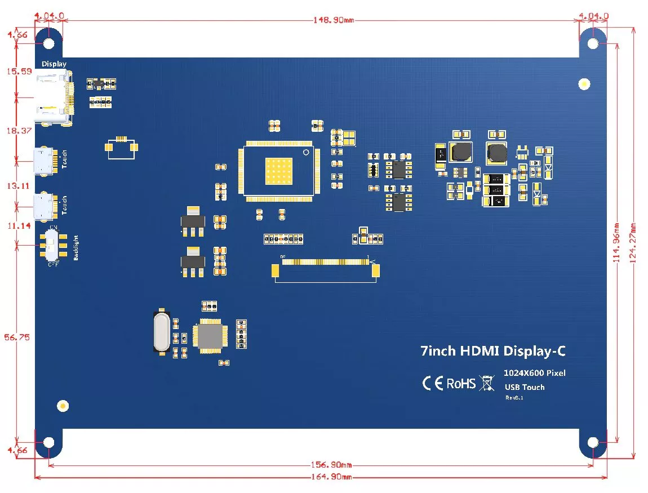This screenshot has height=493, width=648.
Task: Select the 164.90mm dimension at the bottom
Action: (x=331, y=477)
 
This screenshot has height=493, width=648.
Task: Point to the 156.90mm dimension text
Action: (x=331, y=465)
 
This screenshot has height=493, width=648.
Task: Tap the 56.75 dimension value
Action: (x=17, y=337)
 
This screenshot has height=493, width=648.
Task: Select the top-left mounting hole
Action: (x=49, y=43)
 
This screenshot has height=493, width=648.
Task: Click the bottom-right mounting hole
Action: (x=593, y=442)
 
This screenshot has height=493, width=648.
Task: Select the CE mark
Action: (x=432, y=384)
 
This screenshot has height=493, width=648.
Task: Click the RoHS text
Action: (x=461, y=384)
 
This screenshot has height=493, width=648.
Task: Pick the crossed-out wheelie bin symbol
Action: (x=486, y=384)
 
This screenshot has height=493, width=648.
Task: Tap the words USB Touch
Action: (x=524, y=387)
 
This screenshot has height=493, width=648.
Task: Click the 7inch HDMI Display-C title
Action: (x=492, y=351)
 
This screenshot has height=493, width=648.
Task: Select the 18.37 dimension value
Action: (x=17, y=130)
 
